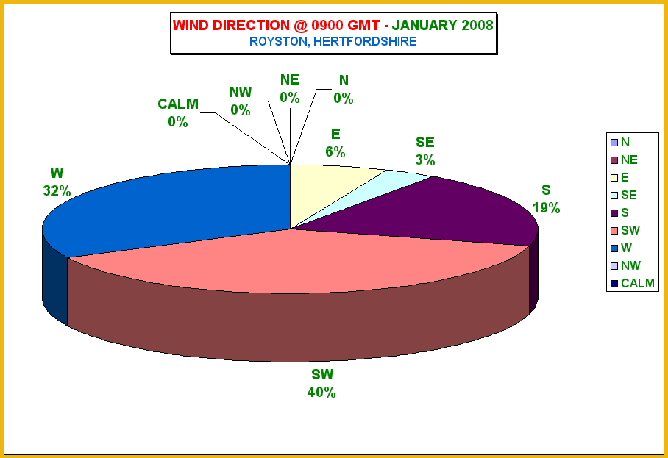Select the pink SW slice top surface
tap(298, 260)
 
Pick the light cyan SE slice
tap(383, 187)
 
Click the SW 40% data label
tap(321, 383)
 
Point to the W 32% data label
tap(57, 182)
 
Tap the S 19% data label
tap(546, 198)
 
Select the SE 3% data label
tap(425, 151)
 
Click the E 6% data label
tap(335, 143)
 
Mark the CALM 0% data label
tap(178, 112)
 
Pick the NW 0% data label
tap(241, 101)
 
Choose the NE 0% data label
tap(290, 89)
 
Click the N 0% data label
tap(344, 90)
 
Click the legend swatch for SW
tap(614, 231)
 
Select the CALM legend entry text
tap(637, 283)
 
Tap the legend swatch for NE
tap(614, 160)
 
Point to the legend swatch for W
tap(614, 248)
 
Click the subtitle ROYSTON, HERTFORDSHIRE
tap(333, 41)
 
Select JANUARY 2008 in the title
tap(443, 25)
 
